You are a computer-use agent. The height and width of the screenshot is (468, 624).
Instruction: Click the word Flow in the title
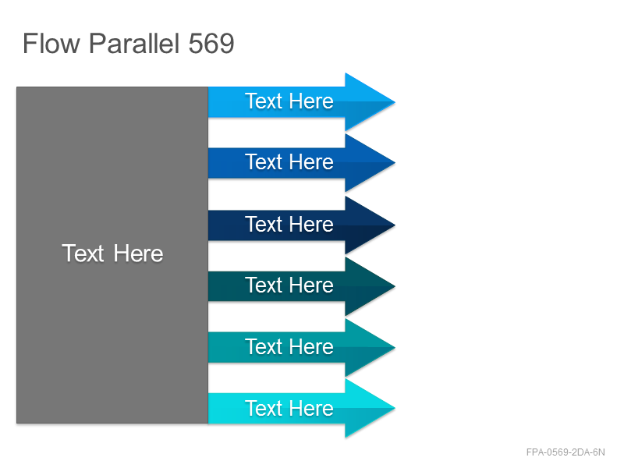pos(51,44)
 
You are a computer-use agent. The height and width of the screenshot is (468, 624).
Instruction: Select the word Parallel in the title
pos(133,44)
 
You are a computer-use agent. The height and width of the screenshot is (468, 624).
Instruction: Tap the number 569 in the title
pos(211,44)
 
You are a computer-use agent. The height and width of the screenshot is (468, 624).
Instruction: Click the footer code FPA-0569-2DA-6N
pos(565,452)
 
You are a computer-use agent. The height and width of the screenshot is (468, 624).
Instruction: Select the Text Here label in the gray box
pos(112,253)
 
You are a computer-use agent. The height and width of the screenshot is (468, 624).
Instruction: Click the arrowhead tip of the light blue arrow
pos(395,102)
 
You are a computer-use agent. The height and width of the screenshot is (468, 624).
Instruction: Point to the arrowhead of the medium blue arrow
pos(370,163)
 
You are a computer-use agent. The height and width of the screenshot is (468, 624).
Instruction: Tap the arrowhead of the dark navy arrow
pos(370,225)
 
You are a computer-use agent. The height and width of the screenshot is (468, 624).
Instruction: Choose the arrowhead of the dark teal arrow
pos(370,286)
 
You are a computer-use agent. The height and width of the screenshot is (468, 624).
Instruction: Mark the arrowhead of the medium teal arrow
pos(370,347)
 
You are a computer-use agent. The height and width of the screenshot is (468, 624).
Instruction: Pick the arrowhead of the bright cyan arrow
pos(370,408)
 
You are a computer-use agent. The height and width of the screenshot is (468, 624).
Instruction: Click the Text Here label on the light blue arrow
pos(289,101)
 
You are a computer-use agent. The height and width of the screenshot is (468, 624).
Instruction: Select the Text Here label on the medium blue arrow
pos(289,162)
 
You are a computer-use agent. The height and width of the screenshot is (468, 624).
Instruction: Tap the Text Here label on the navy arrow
pos(289,225)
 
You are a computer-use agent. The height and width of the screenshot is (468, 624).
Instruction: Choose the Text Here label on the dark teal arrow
pos(289,285)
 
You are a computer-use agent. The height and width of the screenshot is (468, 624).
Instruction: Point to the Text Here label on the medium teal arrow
pos(289,346)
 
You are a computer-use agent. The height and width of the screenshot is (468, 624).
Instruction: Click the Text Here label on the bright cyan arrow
pos(289,408)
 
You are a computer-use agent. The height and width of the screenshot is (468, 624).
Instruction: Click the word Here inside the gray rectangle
pos(139,253)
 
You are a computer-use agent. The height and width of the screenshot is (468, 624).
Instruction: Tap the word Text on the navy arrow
pos(264,225)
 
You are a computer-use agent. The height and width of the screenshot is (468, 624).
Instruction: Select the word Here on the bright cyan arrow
pos(311,408)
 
